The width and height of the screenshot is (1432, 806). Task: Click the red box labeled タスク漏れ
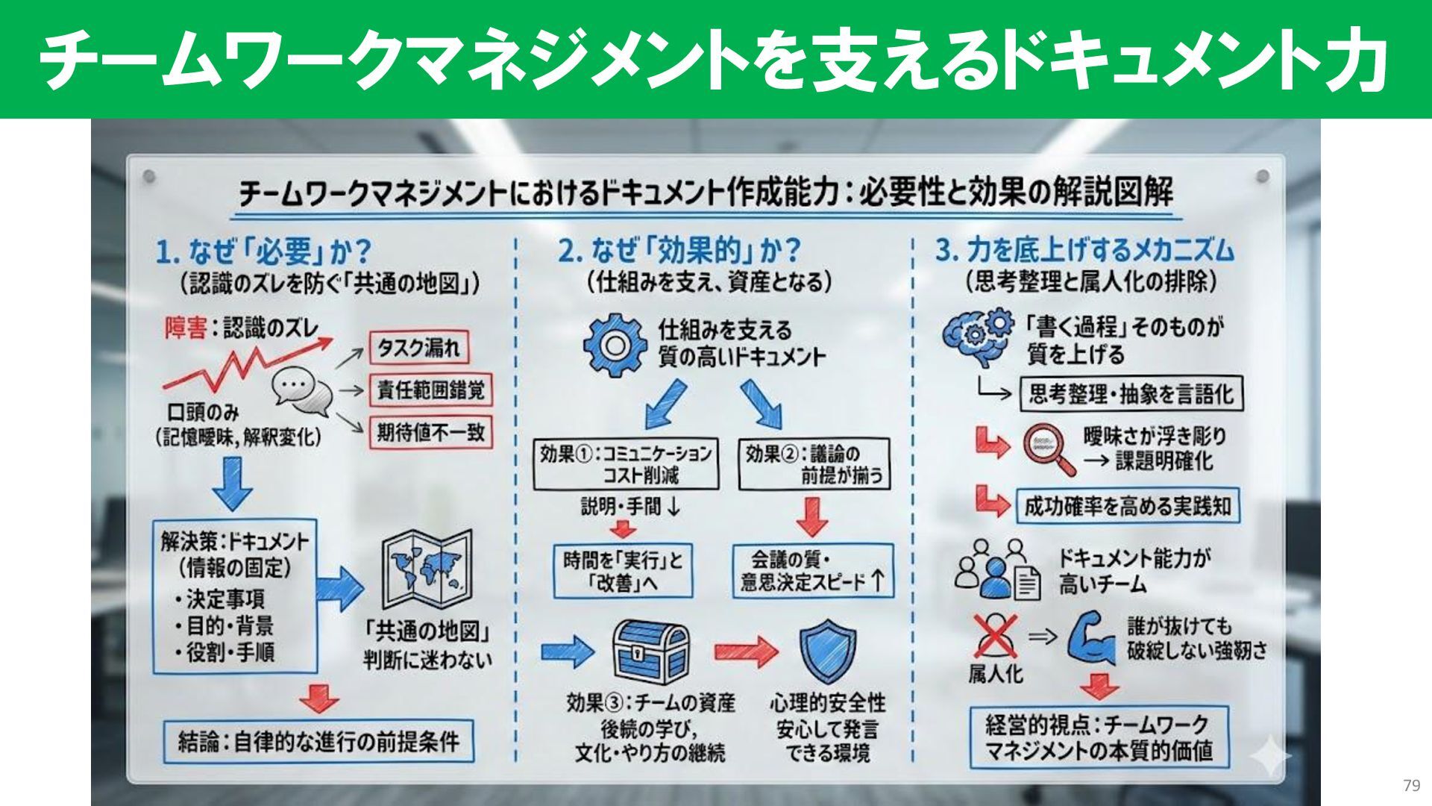(419, 348)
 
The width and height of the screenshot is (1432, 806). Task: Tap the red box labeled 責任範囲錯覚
(430, 390)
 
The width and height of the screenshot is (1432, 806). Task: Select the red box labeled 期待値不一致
(430, 432)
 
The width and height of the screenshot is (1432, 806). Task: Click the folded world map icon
(427, 570)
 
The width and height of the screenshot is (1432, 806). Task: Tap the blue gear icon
(612, 344)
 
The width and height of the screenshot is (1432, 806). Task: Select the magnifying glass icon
(1047, 448)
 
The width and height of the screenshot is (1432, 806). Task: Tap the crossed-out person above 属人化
(994, 635)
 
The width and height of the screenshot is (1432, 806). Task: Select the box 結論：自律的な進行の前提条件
(319, 741)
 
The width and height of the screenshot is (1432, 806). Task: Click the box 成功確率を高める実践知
(1127, 507)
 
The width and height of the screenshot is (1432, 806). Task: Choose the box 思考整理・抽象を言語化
(1131, 393)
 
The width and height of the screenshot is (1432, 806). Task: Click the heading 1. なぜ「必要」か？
(264, 252)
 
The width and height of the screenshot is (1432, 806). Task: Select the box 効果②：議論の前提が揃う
(814, 463)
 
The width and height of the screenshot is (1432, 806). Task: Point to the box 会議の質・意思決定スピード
(812, 570)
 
